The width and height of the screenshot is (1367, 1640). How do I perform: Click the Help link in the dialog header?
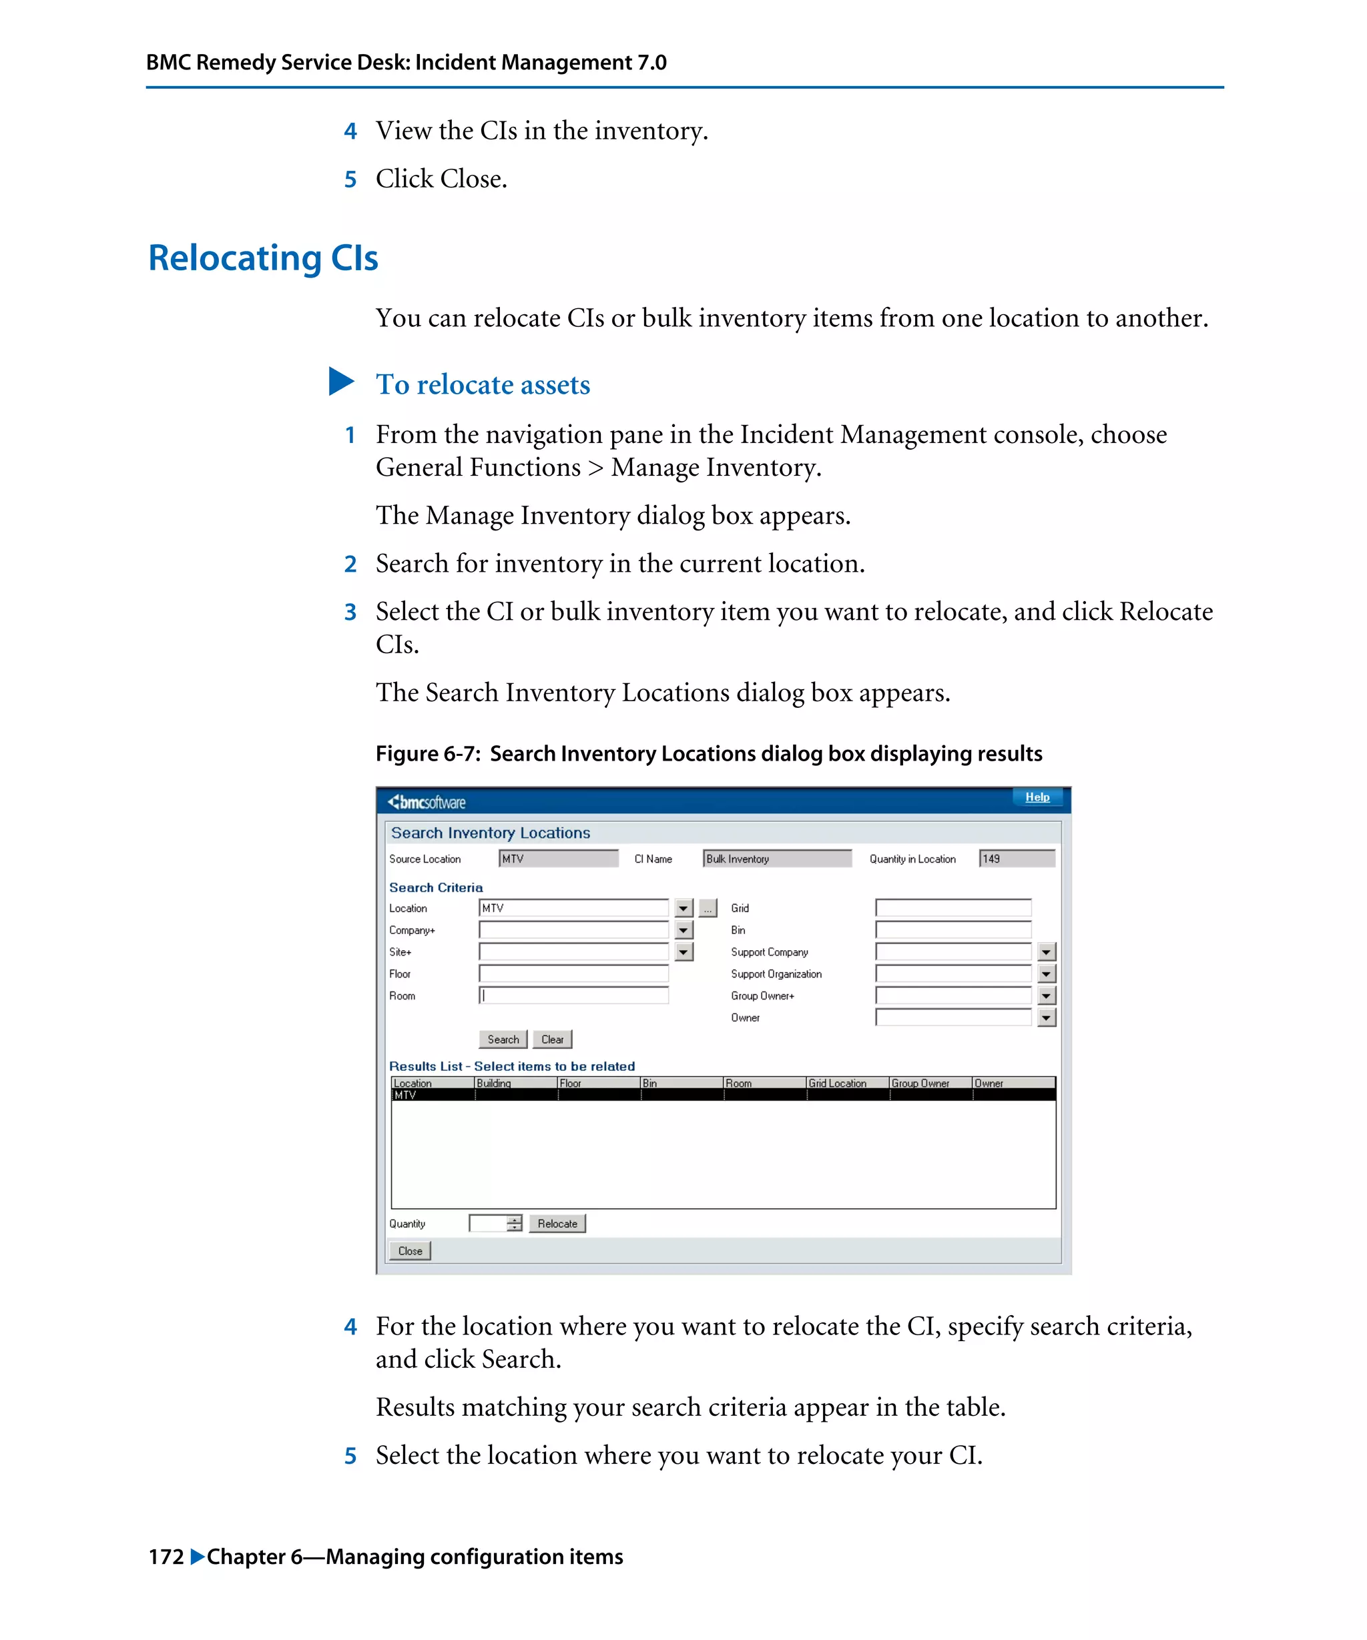1036,797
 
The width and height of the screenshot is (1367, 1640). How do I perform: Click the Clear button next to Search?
551,1040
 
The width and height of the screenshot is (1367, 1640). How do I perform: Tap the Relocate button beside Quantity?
557,1224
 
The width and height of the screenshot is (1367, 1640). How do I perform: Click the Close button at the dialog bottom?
410,1251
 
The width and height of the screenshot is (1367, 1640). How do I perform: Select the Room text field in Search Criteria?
573,995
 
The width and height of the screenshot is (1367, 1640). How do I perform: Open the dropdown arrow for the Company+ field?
683,930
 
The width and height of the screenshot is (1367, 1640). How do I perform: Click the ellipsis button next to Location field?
708,908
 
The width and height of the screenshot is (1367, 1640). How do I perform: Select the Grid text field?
953,908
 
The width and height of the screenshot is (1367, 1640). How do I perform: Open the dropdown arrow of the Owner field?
1046,1017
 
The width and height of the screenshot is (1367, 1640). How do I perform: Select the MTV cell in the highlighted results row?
406,1095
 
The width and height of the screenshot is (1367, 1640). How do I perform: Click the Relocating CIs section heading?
263,258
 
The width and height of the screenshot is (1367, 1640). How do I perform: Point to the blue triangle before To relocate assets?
340,382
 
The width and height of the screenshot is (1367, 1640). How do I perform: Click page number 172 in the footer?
166,1557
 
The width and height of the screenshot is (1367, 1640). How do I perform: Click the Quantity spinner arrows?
514,1224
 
